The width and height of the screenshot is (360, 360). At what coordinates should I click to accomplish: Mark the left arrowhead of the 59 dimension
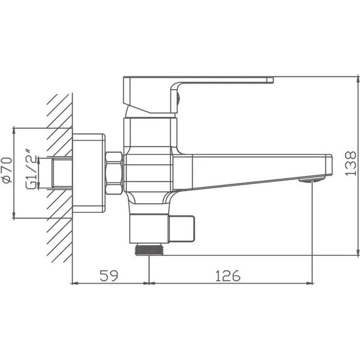click(x=76, y=282)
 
